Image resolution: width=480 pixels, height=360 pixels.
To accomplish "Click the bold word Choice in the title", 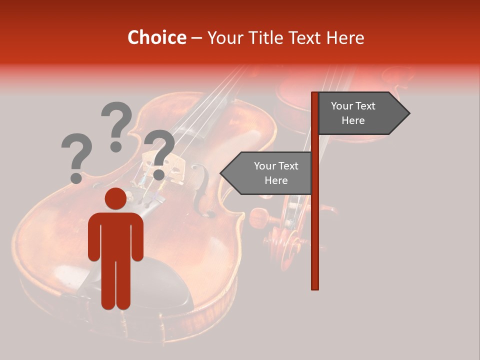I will point(156,37).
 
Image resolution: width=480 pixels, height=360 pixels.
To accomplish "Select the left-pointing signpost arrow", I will point(267,173).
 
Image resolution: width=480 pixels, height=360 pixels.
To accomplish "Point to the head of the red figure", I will point(115,199).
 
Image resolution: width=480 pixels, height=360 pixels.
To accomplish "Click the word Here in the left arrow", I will point(276,180).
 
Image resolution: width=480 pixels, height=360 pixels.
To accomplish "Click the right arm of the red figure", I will point(136,237).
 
